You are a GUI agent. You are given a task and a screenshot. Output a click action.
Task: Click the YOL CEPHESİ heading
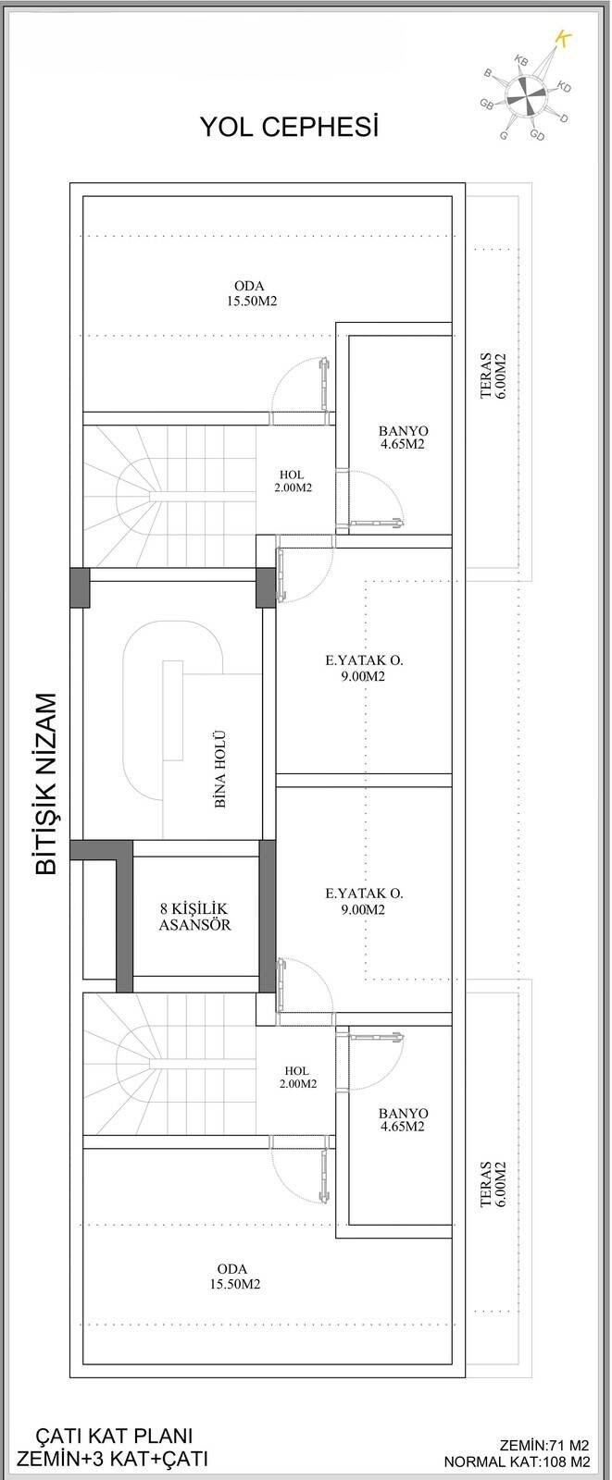(x=289, y=127)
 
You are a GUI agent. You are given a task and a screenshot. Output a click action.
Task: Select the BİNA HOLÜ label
(x=220, y=770)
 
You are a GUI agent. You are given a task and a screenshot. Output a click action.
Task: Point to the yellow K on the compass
(x=561, y=37)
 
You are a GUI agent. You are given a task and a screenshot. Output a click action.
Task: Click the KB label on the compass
(x=521, y=61)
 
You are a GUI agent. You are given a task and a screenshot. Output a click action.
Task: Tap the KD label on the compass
(x=564, y=87)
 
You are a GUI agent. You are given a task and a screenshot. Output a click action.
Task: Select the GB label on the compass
(x=486, y=104)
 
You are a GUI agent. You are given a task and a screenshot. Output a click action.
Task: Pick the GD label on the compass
(x=537, y=135)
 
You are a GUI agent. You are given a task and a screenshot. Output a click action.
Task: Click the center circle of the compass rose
(x=523, y=96)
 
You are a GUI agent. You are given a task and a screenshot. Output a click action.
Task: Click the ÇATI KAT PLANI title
(x=114, y=1436)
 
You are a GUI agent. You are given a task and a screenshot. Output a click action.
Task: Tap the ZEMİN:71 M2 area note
(x=543, y=1444)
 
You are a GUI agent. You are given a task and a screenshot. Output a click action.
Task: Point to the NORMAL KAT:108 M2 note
(x=517, y=1462)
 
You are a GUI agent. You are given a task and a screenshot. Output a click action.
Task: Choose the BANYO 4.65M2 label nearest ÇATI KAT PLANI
(x=403, y=1119)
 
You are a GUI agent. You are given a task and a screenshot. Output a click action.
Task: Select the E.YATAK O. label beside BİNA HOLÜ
(x=364, y=668)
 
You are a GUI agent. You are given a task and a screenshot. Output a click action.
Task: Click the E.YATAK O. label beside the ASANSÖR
(x=364, y=901)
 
